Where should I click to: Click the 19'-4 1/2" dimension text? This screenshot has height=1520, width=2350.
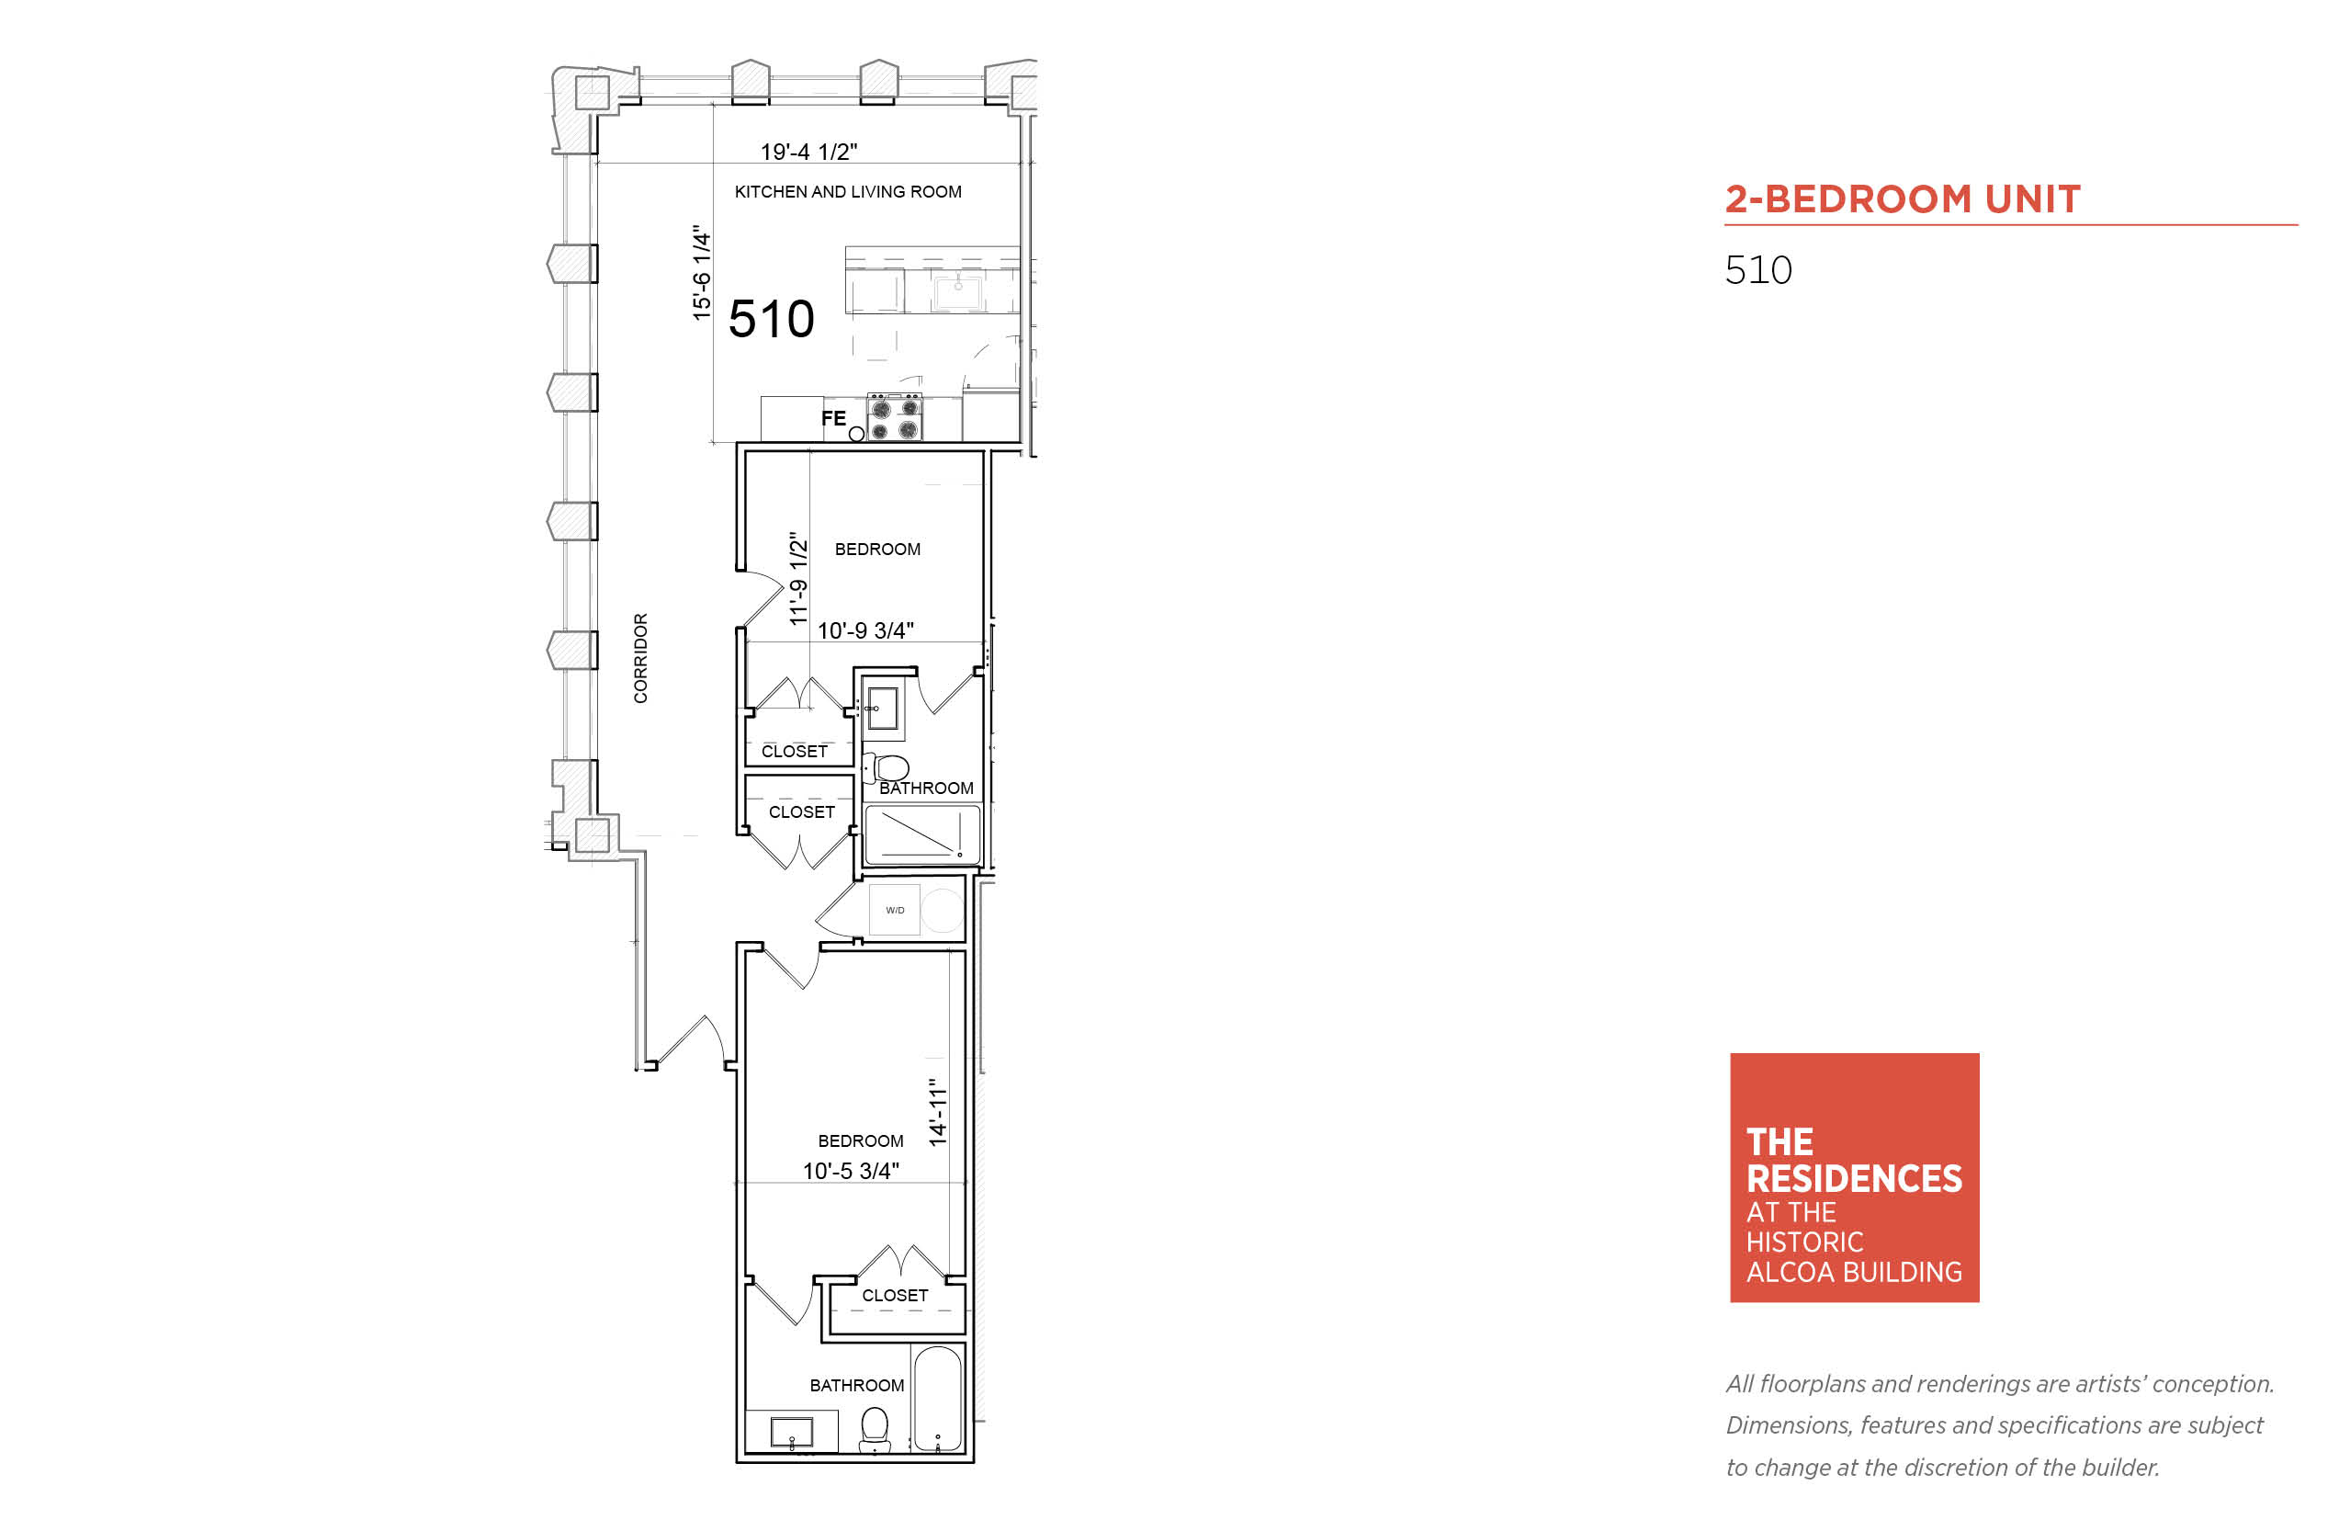tap(808, 152)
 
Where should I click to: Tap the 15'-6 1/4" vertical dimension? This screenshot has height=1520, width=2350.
tap(702, 272)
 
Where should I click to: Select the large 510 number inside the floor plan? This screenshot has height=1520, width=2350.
tap(772, 319)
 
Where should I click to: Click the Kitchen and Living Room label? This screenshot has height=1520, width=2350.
tap(847, 191)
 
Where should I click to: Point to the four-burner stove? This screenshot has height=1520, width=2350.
tap(894, 416)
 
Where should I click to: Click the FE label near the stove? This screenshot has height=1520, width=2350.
tap(833, 418)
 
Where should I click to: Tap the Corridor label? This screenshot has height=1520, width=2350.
tap(640, 658)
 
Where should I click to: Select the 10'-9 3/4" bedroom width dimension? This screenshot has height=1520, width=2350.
tap(865, 630)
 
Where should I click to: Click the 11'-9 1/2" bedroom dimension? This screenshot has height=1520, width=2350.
tap(798, 578)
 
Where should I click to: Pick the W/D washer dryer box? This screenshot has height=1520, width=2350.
tap(894, 909)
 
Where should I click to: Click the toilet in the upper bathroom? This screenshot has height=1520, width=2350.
tap(886, 767)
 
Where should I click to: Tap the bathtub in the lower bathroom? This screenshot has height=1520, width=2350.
tap(937, 1400)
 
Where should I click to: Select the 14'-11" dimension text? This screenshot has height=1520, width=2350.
tap(937, 1112)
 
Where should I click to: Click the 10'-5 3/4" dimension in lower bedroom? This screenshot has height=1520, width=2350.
tap(851, 1171)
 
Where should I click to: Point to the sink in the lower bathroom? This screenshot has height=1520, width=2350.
tap(791, 1431)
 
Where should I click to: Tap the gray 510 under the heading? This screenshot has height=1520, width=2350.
tap(1758, 269)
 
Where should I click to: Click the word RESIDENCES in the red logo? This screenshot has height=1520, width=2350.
tap(1854, 1178)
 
